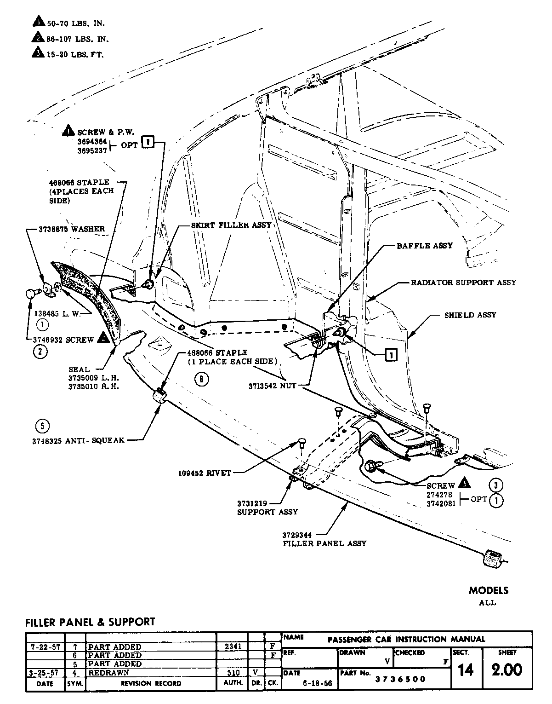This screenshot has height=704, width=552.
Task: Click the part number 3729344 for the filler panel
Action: (297, 535)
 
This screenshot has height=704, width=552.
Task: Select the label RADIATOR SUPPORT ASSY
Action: (463, 282)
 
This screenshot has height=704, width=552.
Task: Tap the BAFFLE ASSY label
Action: (425, 246)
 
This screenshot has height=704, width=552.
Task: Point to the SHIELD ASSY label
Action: (470, 315)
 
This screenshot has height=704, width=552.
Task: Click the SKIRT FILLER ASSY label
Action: (231, 225)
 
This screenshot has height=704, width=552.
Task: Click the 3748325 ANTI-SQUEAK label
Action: (78, 440)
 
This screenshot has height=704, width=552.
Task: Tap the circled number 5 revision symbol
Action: (42, 426)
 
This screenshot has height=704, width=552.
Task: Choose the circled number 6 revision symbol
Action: (201, 379)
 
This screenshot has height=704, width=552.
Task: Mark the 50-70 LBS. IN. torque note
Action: (72, 23)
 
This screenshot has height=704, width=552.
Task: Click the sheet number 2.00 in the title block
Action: (506, 670)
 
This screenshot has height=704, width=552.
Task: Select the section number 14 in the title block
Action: (466, 670)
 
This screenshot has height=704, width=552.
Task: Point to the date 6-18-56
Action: (312, 684)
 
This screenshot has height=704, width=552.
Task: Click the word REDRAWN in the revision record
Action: (108, 672)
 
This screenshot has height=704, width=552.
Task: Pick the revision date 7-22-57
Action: (43, 647)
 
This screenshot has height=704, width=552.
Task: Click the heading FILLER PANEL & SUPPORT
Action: (90, 622)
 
